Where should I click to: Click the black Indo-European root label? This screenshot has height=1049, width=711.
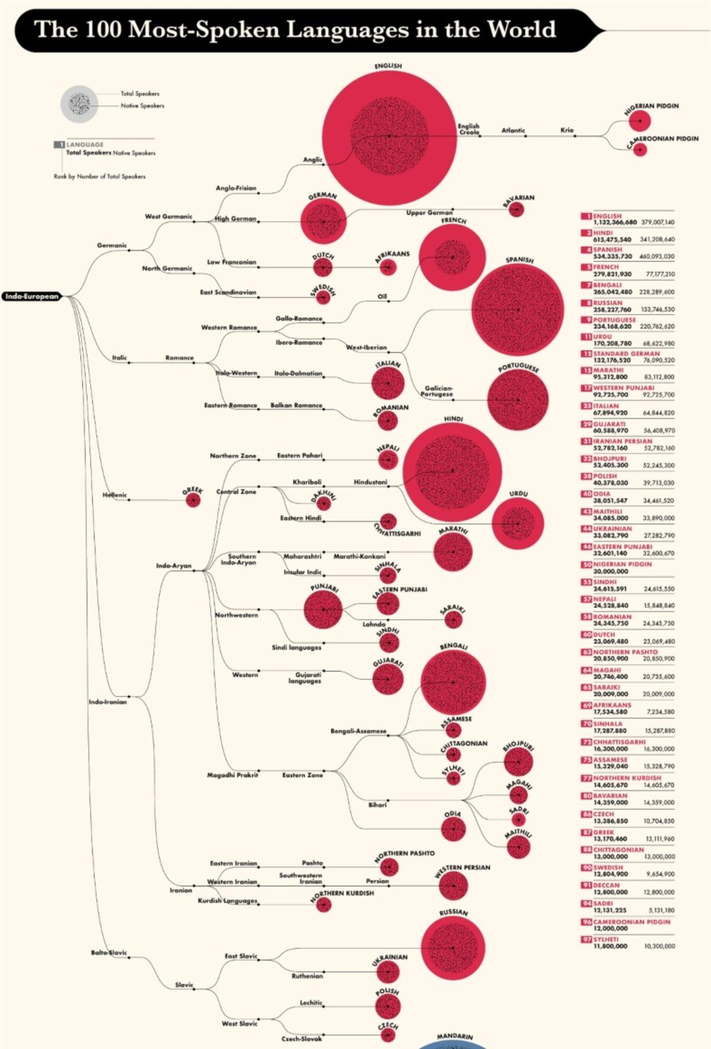33,296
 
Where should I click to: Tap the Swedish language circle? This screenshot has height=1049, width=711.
323,298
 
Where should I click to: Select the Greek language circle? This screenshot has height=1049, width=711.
193,500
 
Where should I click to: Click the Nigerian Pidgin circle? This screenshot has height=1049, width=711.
640,121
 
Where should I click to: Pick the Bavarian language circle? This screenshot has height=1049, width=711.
517,209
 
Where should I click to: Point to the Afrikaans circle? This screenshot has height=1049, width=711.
387,267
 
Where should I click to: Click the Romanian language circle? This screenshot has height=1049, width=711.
387,421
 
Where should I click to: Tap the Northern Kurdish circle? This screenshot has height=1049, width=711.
324,904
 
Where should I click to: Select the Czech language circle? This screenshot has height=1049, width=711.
387,1035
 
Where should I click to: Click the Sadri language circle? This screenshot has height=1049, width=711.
518,820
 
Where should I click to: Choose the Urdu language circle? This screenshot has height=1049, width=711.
517,524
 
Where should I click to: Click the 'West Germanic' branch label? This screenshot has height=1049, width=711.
168,217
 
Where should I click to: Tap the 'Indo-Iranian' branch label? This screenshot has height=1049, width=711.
107,702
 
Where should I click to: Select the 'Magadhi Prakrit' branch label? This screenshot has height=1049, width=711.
232,775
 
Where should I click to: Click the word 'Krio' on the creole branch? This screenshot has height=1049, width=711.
567,130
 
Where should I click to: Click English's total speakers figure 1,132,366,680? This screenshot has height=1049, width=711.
615,222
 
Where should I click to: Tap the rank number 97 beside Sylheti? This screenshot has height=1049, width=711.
586,939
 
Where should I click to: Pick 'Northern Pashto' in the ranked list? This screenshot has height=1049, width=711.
625,652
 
